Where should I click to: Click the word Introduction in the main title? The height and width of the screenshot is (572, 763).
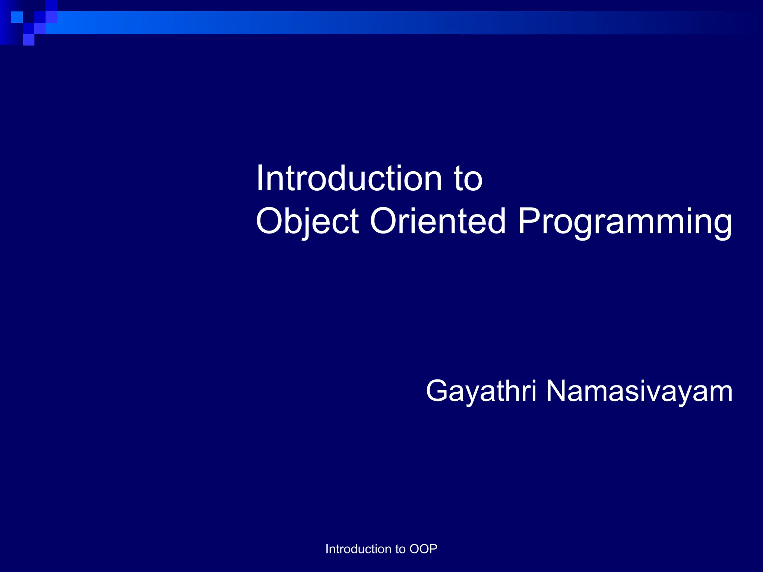point(349,179)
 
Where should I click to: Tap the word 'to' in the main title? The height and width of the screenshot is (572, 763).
point(468,179)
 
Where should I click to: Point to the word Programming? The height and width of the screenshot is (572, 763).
point(625,222)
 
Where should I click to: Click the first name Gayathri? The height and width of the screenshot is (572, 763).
point(481,391)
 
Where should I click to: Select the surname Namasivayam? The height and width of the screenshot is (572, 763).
point(639,391)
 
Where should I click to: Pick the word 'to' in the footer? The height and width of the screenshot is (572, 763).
point(400,549)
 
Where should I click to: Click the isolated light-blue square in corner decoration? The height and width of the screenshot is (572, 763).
point(17,17)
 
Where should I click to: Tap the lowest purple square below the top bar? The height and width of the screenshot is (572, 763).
point(29,40)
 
